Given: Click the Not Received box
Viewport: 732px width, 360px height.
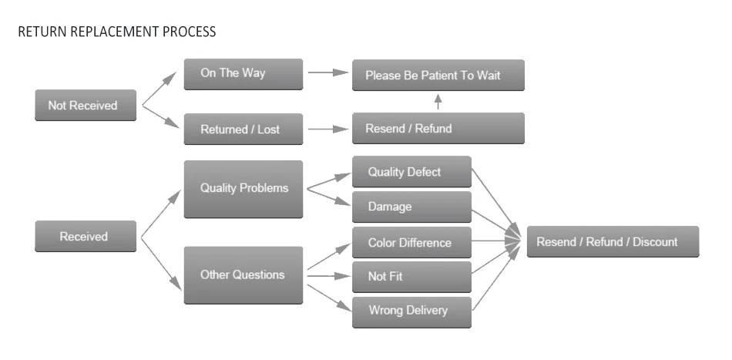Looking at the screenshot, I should coord(86,106).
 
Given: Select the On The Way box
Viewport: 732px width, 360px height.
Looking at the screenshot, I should coord(243,74).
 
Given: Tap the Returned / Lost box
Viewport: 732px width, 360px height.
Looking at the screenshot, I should coord(243,129).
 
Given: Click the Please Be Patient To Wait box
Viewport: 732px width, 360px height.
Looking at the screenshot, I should coord(438,76).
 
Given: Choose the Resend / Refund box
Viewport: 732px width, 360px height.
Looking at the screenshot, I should coord(438,128).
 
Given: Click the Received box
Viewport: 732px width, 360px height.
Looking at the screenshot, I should coord(86,237).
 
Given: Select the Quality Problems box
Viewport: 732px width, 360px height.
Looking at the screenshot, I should coord(243,189).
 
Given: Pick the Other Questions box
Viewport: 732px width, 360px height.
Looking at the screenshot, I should coord(243,274).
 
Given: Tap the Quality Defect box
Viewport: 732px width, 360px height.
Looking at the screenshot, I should coord(411,172).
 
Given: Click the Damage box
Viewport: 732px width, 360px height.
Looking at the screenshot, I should coord(411,207).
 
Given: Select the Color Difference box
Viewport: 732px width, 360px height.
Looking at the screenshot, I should coord(411,243).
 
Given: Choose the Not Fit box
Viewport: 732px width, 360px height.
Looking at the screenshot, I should coord(411,276).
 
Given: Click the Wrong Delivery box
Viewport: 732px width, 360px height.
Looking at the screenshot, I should coord(411,311).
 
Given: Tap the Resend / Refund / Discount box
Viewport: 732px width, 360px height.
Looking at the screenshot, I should coord(613,241).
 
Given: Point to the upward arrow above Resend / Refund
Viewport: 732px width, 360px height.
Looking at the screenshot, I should coord(438,102).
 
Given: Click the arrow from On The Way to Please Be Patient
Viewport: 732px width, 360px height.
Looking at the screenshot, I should coord(327,73).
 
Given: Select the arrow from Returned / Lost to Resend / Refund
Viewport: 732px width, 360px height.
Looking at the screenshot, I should coord(327,129).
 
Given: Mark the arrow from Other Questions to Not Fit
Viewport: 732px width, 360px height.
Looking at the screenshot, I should coord(328,275).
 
